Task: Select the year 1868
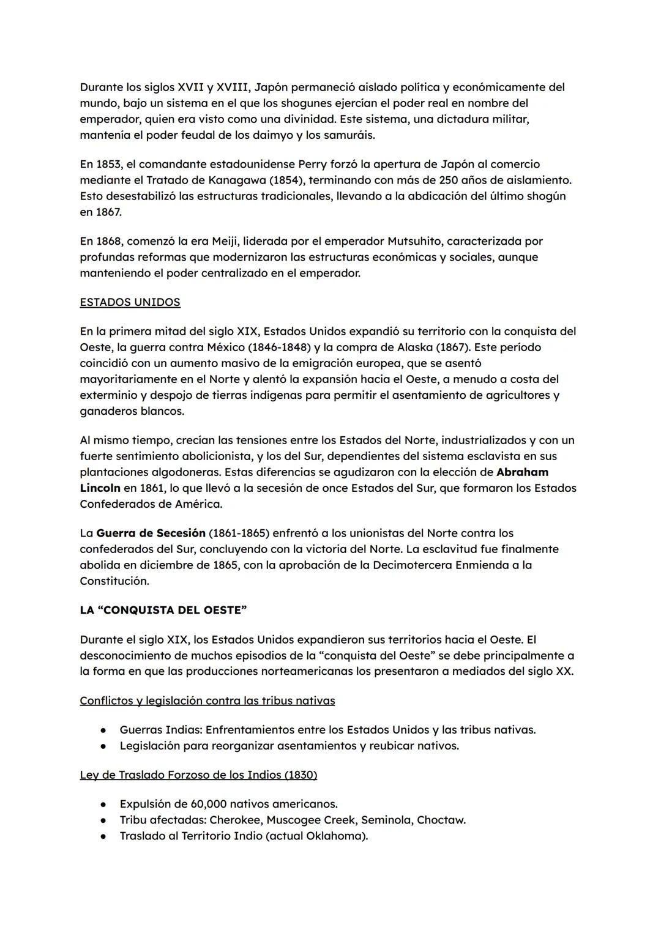click(x=110, y=241)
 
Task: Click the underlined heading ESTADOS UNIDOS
click(x=130, y=302)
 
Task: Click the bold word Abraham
click(x=522, y=472)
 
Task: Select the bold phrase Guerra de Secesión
click(x=151, y=533)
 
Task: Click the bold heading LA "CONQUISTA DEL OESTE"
click(x=163, y=610)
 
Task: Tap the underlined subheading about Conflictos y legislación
click(x=207, y=701)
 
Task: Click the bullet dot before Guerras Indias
click(x=105, y=730)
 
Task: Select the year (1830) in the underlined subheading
click(x=301, y=775)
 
